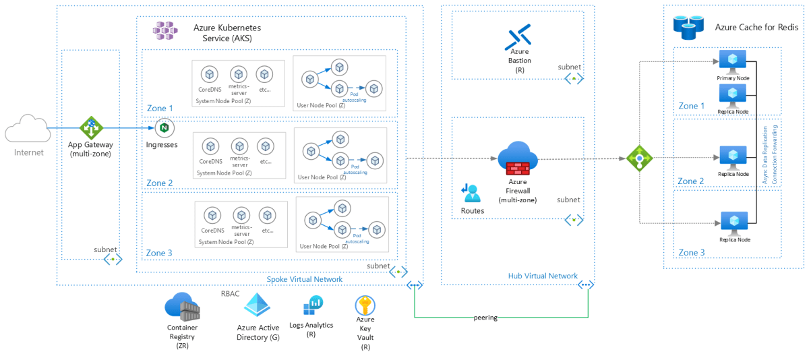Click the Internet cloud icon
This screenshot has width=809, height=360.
coord(28,128)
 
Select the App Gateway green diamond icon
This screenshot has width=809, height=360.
coord(90,127)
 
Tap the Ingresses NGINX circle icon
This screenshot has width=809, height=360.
coord(164,127)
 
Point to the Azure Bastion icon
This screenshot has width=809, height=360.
coord(518,37)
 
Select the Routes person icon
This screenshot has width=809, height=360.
coord(471,193)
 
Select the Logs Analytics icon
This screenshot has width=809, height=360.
coord(313,306)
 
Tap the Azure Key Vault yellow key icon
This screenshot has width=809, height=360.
coord(365,305)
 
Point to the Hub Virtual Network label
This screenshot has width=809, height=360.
coord(542,276)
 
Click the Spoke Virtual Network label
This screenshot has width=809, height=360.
coord(304,279)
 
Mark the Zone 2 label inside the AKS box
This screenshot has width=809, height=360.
coord(160,183)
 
